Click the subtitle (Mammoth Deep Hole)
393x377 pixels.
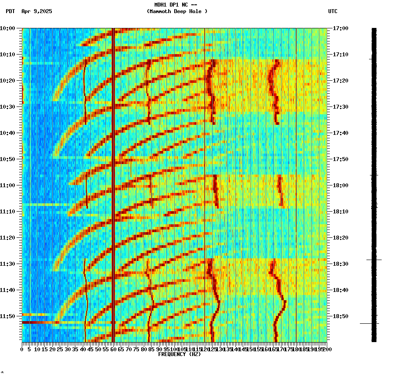(x=177, y=11)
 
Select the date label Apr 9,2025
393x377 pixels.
(x=37, y=11)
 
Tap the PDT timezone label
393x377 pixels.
(x=10, y=11)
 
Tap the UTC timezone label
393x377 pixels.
(x=333, y=11)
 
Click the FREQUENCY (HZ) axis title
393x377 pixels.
(x=180, y=354)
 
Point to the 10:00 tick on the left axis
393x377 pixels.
(x=7, y=28)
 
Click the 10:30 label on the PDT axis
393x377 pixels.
(x=7, y=107)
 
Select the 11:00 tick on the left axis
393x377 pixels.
(x=7, y=185)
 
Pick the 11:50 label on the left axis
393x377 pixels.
(x=7, y=316)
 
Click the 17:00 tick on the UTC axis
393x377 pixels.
(x=340, y=28)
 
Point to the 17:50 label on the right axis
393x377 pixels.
(x=340, y=159)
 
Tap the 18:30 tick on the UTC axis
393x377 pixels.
(x=340, y=264)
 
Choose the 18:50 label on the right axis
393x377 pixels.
(x=340, y=316)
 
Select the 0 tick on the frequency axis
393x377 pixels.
(x=22, y=349)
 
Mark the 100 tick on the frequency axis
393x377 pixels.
(x=174, y=349)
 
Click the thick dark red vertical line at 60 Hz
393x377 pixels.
(x=113, y=183)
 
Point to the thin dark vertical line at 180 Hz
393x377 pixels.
(x=296, y=183)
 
